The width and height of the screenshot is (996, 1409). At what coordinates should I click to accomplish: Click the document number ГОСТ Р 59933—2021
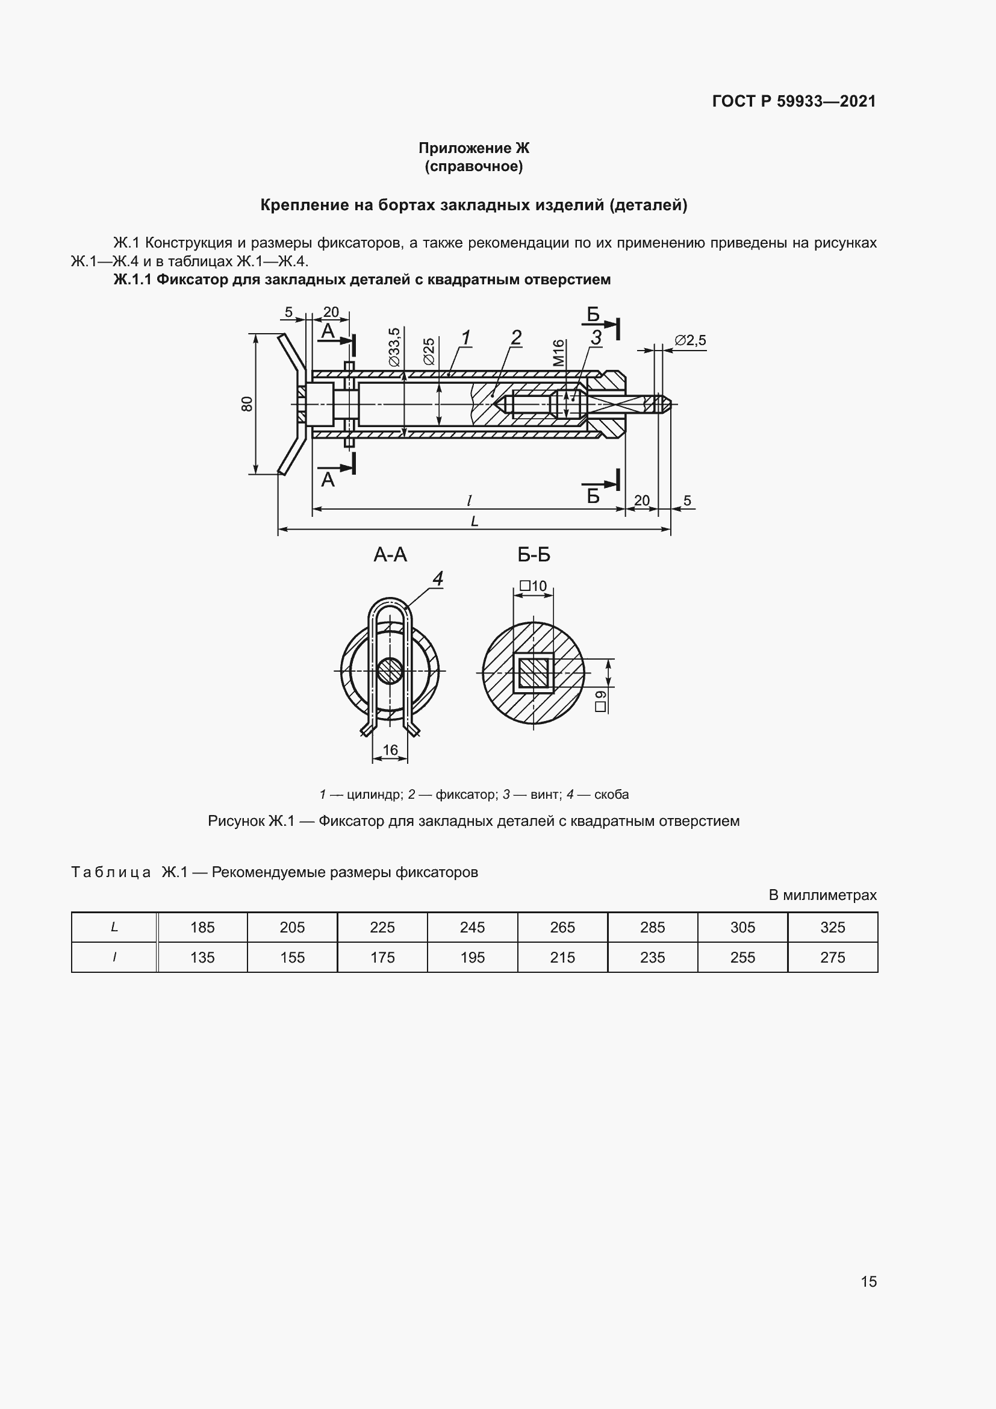[x=794, y=101]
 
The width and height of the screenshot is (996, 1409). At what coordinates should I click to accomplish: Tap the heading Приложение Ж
[x=473, y=148]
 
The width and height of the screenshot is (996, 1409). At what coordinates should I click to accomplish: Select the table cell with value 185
[x=202, y=927]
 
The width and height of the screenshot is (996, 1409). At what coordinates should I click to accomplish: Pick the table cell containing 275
[x=832, y=957]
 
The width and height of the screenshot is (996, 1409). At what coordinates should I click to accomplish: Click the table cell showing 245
[x=472, y=927]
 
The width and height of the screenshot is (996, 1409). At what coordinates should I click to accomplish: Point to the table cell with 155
[x=293, y=957]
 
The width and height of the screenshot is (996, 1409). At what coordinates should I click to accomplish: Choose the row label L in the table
[x=114, y=927]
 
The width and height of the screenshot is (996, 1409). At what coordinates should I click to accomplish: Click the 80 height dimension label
[x=246, y=403]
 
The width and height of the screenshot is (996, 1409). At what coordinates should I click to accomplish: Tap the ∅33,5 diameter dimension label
[x=394, y=347]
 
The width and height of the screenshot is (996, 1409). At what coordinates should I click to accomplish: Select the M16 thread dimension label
[x=558, y=353]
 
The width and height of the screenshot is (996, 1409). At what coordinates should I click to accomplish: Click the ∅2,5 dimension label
[x=690, y=340]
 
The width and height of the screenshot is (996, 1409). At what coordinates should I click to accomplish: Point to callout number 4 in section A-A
[x=437, y=578]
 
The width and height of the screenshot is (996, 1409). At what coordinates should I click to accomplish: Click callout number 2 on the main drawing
[x=516, y=337]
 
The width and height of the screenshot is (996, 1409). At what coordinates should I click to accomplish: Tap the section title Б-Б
[x=534, y=555]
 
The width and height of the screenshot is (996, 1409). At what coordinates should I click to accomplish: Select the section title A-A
[x=390, y=555]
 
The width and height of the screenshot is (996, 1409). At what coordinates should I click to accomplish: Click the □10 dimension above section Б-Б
[x=533, y=586]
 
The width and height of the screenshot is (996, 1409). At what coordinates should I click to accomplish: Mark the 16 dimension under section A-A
[x=390, y=750]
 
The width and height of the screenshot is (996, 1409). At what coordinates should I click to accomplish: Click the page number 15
[x=868, y=1281]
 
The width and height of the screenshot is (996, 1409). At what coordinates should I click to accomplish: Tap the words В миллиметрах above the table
[x=822, y=895]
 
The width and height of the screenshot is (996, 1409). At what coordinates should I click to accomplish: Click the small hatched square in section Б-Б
[x=534, y=673]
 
